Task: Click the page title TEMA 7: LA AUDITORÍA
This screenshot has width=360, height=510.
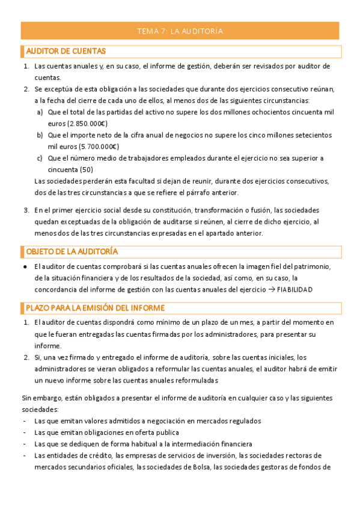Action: pos(180,31)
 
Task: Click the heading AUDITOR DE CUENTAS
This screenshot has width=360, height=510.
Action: pos(66,51)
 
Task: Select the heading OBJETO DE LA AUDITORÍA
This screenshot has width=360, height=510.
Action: pos(72,251)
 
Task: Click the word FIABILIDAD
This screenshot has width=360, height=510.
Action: pos(294,289)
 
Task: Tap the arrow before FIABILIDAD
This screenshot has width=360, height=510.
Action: pos(270,289)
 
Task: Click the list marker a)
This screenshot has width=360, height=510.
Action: pos(40,112)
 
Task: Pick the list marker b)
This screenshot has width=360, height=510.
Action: pos(40,135)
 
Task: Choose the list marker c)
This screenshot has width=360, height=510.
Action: pos(40,158)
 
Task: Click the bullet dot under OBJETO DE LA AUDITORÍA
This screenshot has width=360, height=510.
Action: pos(25,266)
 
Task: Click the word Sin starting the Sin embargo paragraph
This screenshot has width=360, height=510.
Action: pos(27,398)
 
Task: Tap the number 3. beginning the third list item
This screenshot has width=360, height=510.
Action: pos(26,210)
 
